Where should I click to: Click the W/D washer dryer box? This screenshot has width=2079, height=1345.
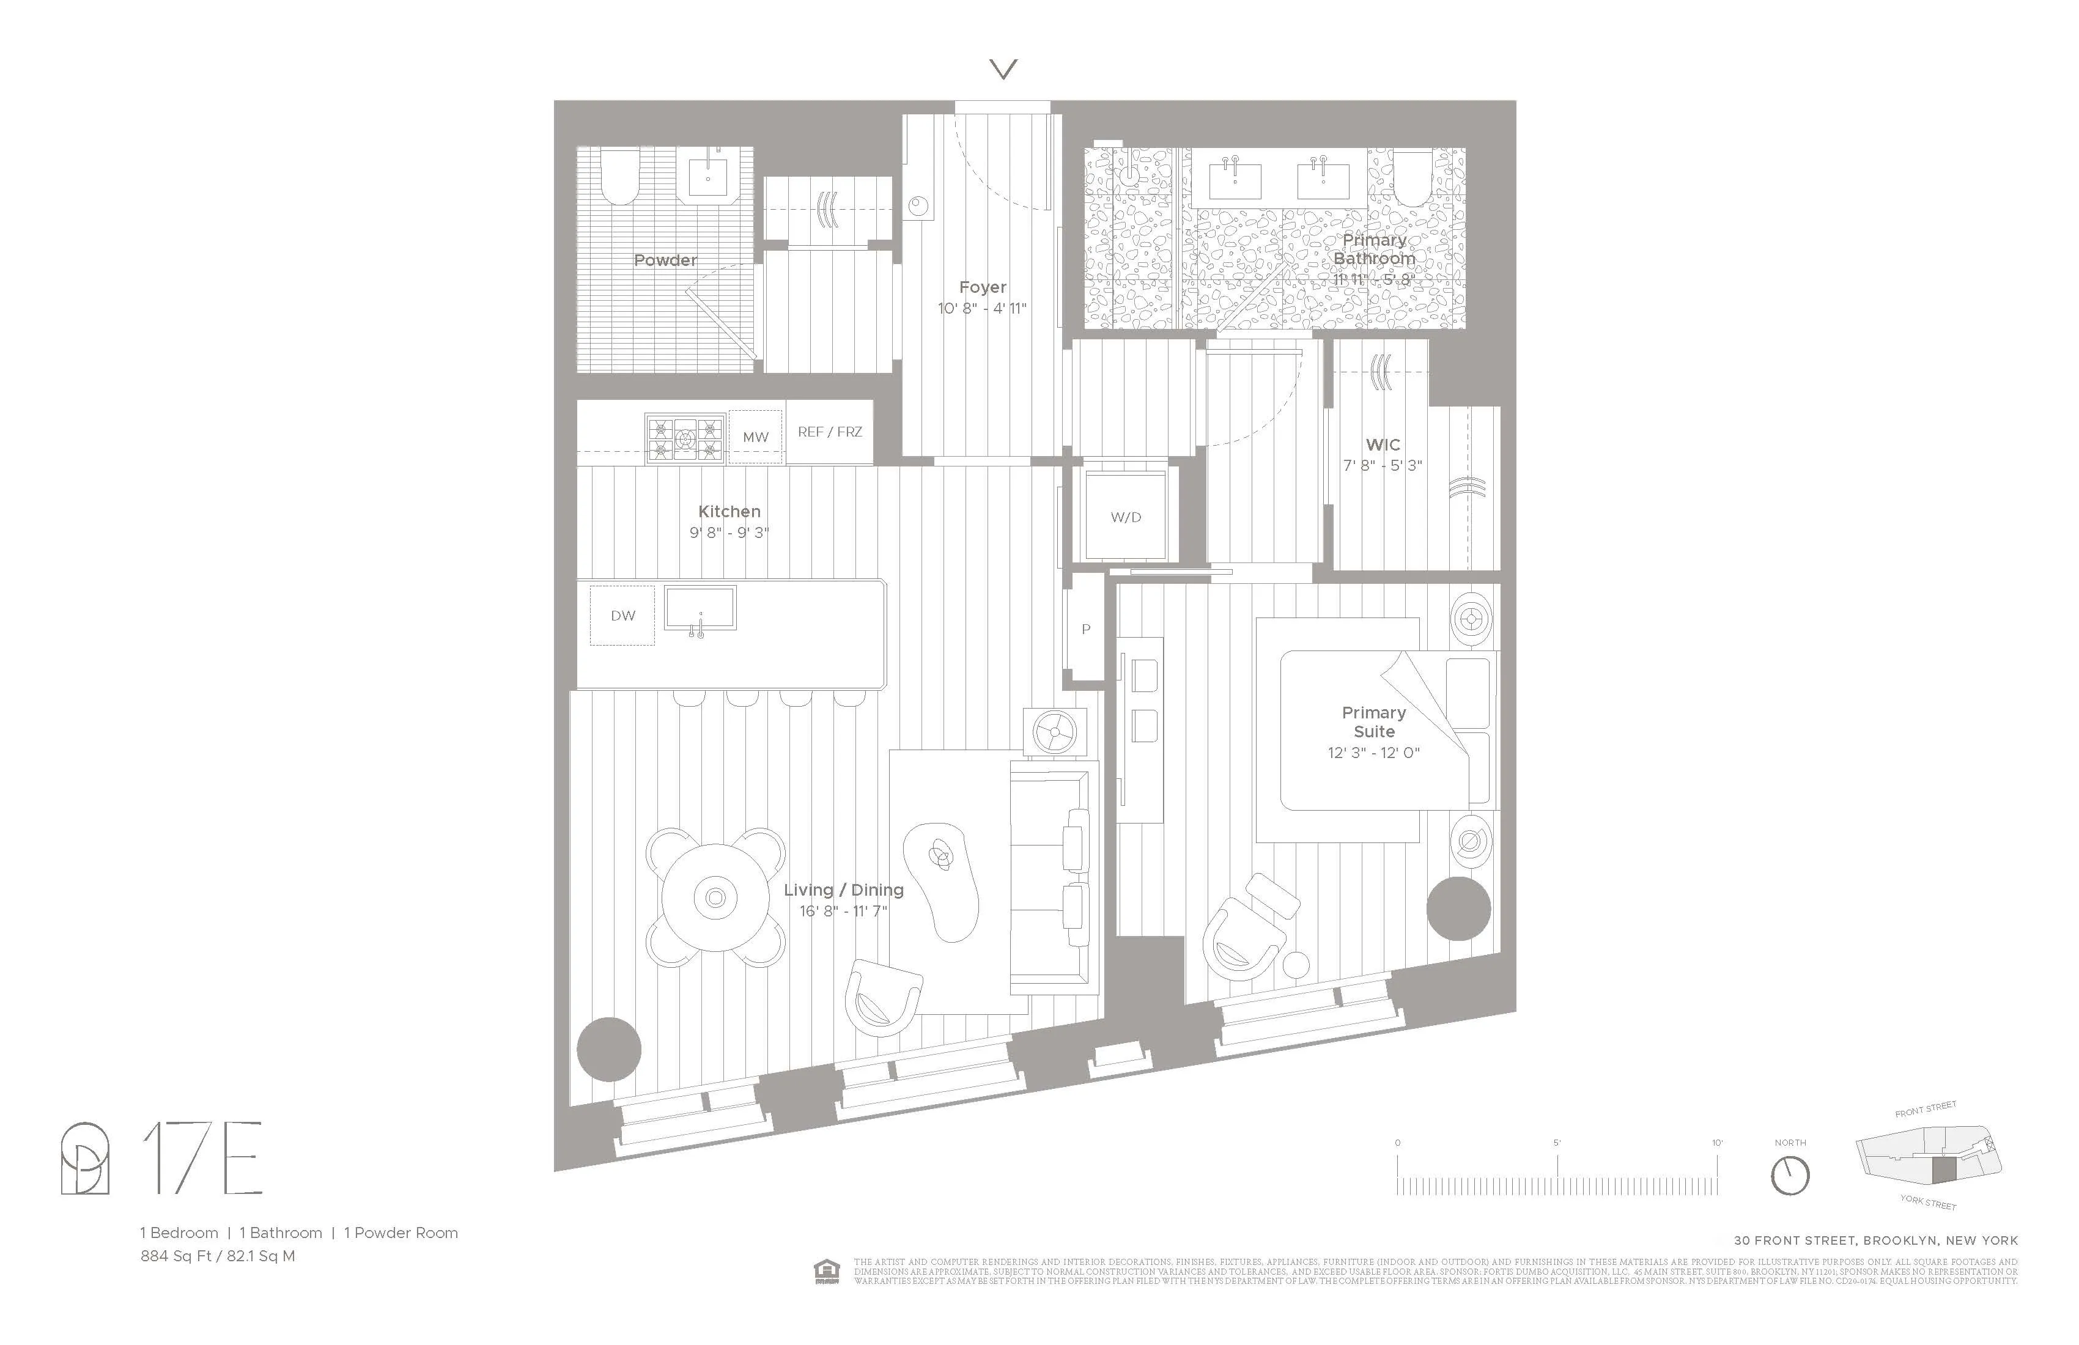(x=1125, y=515)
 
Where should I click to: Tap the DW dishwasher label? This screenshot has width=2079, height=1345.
(x=623, y=616)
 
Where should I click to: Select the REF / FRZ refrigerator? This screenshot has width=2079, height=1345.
(x=829, y=432)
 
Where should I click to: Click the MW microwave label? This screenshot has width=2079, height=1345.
(x=756, y=437)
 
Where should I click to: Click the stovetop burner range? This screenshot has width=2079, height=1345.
(x=685, y=438)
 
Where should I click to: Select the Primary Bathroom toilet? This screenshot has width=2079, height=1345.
(x=1415, y=177)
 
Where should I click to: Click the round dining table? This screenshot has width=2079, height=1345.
(x=715, y=897)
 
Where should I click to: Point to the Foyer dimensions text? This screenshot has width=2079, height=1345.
(x=982, y=308)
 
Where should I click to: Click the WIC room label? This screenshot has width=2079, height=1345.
(x=1383, y=444)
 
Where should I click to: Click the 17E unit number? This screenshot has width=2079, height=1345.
(x=202, y=1158)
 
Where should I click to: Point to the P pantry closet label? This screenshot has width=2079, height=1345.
(x=1086, y=629)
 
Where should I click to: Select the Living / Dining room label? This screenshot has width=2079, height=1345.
(x=843, y=890)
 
